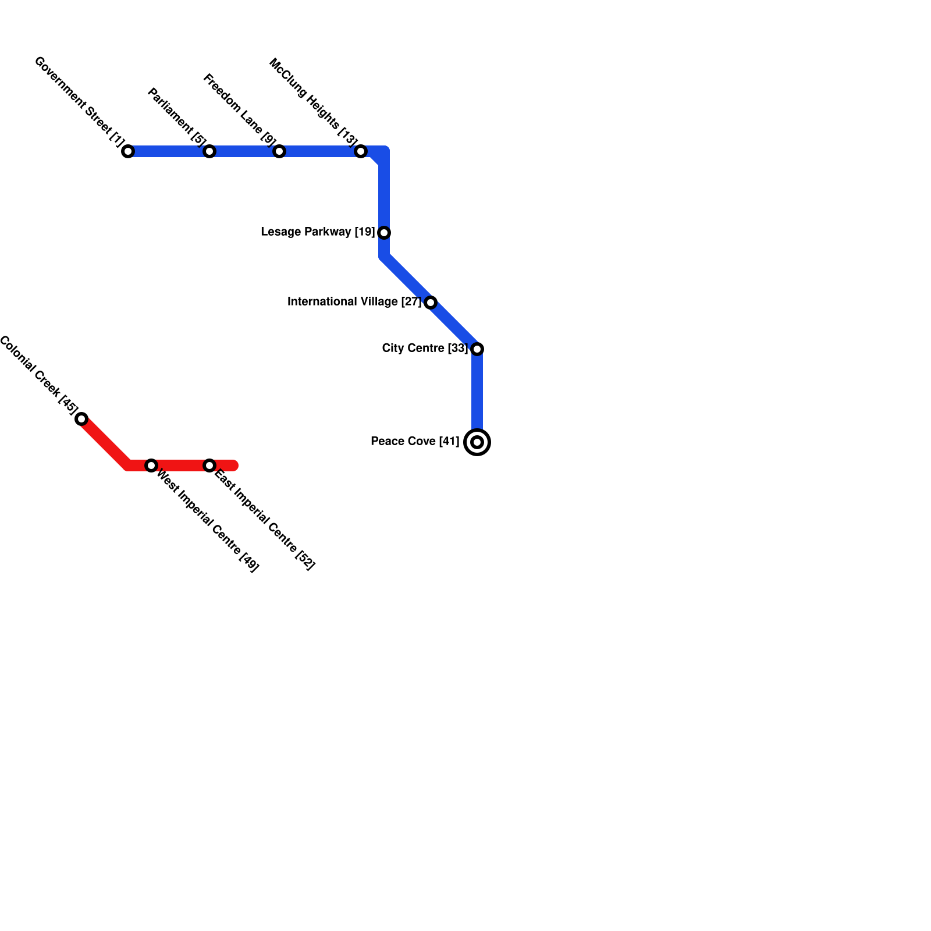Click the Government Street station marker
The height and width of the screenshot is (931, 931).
tap(128, 151)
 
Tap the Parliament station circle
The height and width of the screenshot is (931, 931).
tap(209, 151)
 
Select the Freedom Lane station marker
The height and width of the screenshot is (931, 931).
tap(279, 151)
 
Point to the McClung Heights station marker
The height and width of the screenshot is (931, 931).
tap(361, 151)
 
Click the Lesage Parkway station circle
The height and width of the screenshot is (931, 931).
tap(384, 233)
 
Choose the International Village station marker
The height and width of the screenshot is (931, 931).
tap(431, 303)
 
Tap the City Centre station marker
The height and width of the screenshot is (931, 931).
tap(477, 349)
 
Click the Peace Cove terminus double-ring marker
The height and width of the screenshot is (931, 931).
tap(477, 442)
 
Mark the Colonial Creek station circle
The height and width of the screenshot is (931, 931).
tap(81, 419)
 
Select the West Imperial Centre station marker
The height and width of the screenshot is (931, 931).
tap(151, 465)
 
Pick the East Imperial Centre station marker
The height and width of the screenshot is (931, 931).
tap(209, 465)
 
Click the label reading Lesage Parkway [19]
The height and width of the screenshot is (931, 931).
tap(318, 232)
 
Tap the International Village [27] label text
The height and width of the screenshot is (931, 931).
tap(354, 302)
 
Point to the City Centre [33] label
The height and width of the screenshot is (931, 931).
tap(425, 349)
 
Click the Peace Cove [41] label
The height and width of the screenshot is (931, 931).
tap(415, 442)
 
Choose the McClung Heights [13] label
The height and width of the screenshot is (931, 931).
tap(313, 102)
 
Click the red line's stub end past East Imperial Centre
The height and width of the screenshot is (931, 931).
tap(235, 465)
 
